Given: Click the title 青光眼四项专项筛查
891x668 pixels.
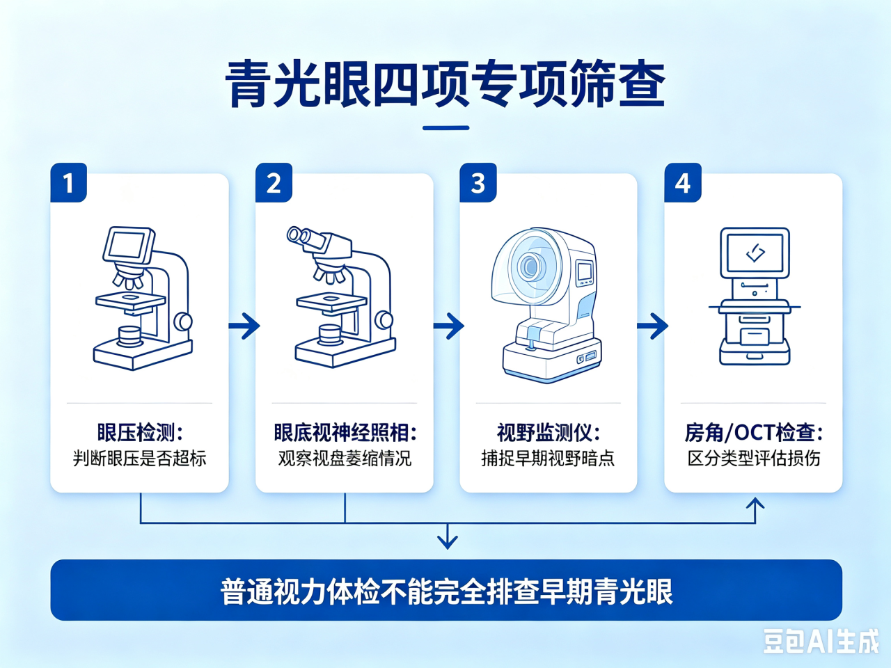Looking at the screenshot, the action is point(445,84).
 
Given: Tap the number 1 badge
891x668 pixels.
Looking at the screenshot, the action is point(69,182).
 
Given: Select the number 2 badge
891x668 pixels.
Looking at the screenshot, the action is point(274,182).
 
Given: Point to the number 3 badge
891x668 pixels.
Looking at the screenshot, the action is point(478,182).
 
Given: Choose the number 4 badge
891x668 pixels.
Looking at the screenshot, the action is point(683,182).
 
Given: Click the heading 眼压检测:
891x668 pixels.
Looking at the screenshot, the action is point(140,432).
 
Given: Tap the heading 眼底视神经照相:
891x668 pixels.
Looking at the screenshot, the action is point(345,432).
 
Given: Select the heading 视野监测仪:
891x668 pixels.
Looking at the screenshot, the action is point(549,432).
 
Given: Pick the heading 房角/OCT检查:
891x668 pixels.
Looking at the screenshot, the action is point(753,432).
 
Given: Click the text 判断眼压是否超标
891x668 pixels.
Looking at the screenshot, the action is point(140,459).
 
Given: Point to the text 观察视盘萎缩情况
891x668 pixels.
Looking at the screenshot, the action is point(345,459).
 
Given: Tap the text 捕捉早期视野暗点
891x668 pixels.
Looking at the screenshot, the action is point(549,459).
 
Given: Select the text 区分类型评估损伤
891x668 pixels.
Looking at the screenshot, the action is point(753,459).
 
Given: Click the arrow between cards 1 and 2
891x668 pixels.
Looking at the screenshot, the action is point(244,325).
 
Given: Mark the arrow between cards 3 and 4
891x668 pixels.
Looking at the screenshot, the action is point(652,325).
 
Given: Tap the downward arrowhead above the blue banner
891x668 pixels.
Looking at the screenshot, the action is point(448,541).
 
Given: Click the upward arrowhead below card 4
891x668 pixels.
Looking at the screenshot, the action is point(755,503).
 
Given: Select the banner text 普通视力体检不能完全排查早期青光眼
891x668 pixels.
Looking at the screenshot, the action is point(446,591).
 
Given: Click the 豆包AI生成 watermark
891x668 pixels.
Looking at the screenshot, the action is point(821,642).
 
